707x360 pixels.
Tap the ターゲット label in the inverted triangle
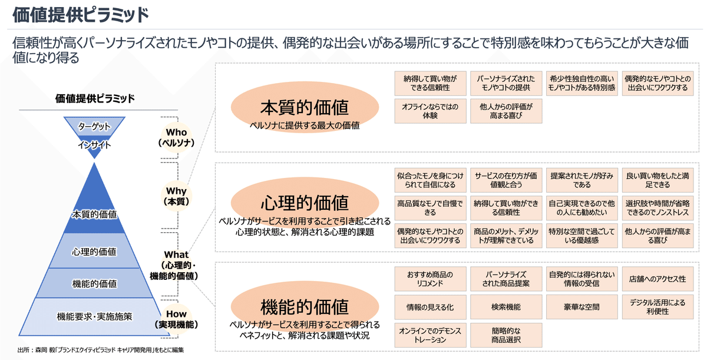coord(94,126)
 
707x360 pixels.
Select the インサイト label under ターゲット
coord(94,144)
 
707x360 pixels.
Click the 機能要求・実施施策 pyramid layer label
coord(94,316)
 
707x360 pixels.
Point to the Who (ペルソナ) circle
coord(177,137)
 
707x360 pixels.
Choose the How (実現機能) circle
coord(177,319)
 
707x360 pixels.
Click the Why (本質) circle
coord(177,196)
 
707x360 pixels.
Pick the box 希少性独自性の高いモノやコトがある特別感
coord(582,83)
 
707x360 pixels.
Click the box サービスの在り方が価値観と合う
coord(505,180)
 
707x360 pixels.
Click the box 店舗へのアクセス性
coord(658,279)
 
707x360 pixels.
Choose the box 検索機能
coord(505,307)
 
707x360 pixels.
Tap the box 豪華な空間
coord(582,307)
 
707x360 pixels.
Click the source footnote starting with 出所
coord(101,350)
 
